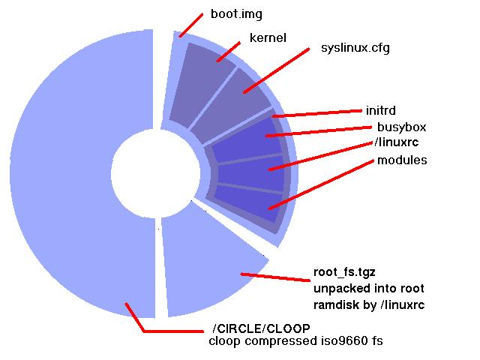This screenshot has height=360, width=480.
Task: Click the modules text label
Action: (402, 160)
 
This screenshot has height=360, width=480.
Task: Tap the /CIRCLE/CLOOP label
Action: (261, 329)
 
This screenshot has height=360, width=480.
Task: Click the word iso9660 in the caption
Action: (322, 342)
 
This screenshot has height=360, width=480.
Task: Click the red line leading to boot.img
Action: (191, 24)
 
